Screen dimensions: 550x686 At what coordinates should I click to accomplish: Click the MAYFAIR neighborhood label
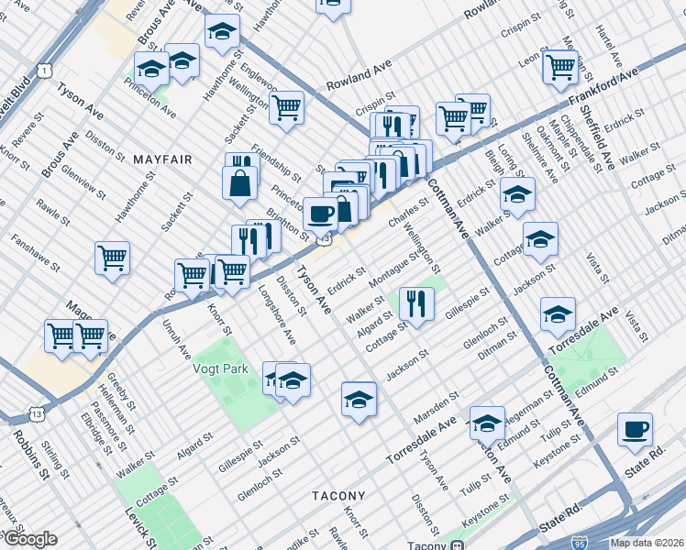[x=162, y=159]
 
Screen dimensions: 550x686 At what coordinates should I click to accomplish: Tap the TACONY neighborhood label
[x=338, y=496]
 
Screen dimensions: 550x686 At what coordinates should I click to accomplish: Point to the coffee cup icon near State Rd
[x=635, y=429]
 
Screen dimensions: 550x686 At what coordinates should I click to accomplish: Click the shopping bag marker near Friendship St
[x=239, y=181]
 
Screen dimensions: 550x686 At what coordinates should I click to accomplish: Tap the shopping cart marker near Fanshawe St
[x=112, y=258]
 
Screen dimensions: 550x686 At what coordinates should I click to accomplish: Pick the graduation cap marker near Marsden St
[x=360, y=400]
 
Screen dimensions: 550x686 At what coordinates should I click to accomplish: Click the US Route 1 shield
[x=43, y=70]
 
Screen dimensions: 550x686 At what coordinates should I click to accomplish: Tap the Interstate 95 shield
[x=579, y=543]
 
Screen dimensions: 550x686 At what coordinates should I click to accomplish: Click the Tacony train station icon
[x=456, y=544]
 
